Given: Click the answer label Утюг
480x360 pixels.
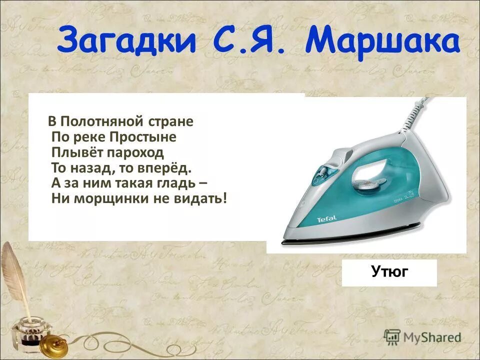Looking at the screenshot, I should pyautogui.click(x=390, y=272).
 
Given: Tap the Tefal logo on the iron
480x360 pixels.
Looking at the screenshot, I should pyautogui.click(x=327, y=218).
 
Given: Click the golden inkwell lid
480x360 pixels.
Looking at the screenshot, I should pyautogui.click(x=53, y=344).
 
